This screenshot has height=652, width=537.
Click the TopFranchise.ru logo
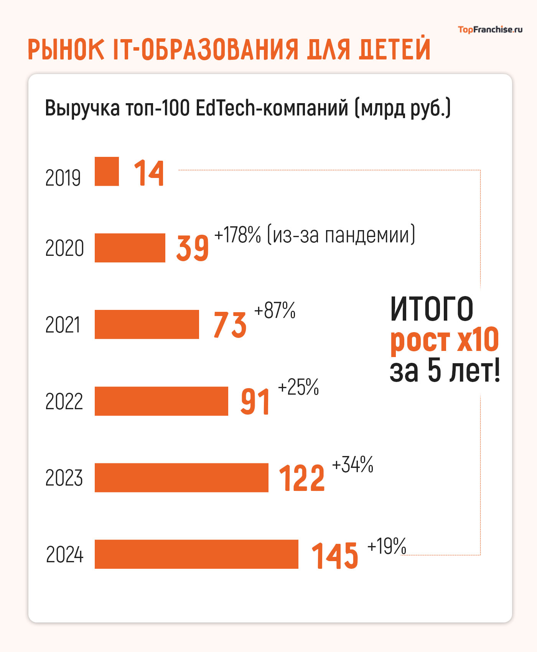(x=490, y=30)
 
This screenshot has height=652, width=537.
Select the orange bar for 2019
(x=107, y=171)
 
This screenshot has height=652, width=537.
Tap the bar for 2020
(x=130, y=248)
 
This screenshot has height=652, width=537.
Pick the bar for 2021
(x=147, y=324)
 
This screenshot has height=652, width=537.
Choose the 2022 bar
(x=161, y=401)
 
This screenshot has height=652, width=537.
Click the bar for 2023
(x=181, y=477)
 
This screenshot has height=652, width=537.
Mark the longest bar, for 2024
(x=196, y=554)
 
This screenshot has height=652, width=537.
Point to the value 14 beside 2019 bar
(x=149, y=173)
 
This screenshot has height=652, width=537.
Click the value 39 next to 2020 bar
(x=192, y=248)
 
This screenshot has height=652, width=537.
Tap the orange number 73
(x=230, y=325)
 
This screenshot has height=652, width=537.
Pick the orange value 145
(x=334, y=555)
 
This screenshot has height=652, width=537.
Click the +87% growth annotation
(x=275, y=310)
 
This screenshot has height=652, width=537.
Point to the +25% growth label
(x=298, y=387)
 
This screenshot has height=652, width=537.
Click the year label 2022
(x=64, y=402)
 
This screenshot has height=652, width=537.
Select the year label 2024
(x=64, y=555)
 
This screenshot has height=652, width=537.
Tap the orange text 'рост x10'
(x=444, y=340)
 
